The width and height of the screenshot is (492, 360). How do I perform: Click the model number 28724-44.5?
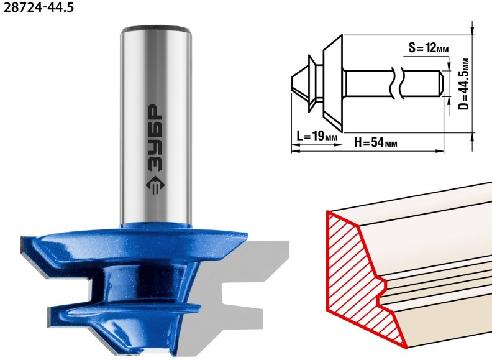[x=39, y=7]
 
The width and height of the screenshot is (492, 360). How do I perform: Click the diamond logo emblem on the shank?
[x=155, y=185]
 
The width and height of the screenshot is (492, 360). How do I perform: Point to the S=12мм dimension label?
[x=429, y=48]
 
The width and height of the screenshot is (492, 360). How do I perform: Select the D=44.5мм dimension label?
[x=463, y=84]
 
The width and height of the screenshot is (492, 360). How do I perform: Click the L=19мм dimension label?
[x=317, y=136]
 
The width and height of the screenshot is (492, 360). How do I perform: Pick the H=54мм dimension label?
[x=376, y=142]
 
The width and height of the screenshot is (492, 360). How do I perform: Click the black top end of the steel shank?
[x=157, y=28]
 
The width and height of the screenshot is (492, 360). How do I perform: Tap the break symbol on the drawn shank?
[x=396, y=83]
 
